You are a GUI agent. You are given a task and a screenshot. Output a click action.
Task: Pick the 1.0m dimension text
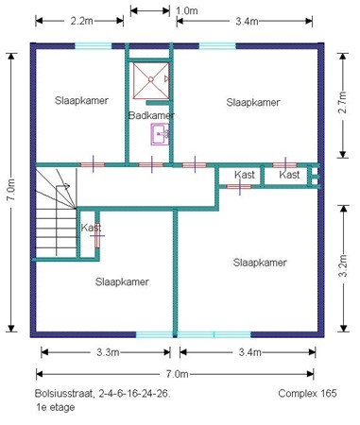click(x=186, y=10)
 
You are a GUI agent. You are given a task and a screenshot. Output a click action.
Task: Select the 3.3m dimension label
click(x=107, y=352)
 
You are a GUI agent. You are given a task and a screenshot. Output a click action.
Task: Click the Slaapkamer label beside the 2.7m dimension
click(x=254, y=102)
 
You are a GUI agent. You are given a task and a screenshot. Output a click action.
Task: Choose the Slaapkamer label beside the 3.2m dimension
click(x=259, y=263)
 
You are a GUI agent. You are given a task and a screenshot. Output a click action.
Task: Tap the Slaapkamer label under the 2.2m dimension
click(x=81, y=100)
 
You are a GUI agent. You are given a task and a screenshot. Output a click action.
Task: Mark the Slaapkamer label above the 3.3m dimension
click(x=122, y=281)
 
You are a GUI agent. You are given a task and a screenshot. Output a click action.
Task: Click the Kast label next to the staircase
click(x=91, y=228)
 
